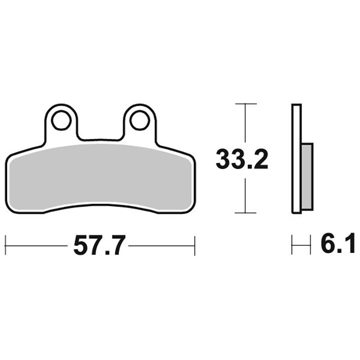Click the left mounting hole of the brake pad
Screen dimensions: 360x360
point(61,120)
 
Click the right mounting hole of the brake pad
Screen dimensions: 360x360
point(139,120)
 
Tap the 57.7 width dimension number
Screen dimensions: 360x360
point(99,245)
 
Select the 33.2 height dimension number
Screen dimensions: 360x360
point(242,159)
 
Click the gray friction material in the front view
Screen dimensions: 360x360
point(100,177)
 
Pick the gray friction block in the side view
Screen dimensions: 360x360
point(307,176)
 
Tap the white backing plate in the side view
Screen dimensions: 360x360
point(297,159)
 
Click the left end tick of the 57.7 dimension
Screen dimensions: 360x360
point(5,245)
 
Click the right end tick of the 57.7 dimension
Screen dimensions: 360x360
point(195,245)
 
